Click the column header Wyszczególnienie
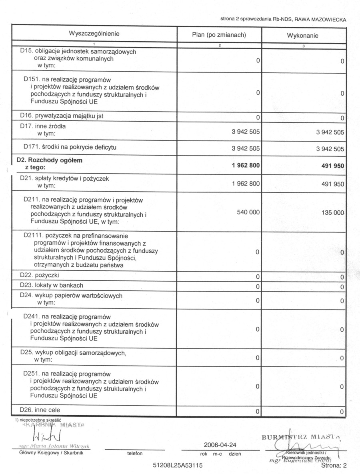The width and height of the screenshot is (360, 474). pos(94,34)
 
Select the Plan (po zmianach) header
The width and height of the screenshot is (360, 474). pos(219,35)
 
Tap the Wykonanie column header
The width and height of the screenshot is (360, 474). pos(302,36)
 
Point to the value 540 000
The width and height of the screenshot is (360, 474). pos(248,213)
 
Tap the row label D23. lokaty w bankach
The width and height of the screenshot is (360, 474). pos(52,285)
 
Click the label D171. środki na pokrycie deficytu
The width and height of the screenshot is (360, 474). pos(70,147)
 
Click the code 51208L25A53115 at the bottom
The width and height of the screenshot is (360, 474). pos(178,466)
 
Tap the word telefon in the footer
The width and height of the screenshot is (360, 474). pos(135,454)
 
